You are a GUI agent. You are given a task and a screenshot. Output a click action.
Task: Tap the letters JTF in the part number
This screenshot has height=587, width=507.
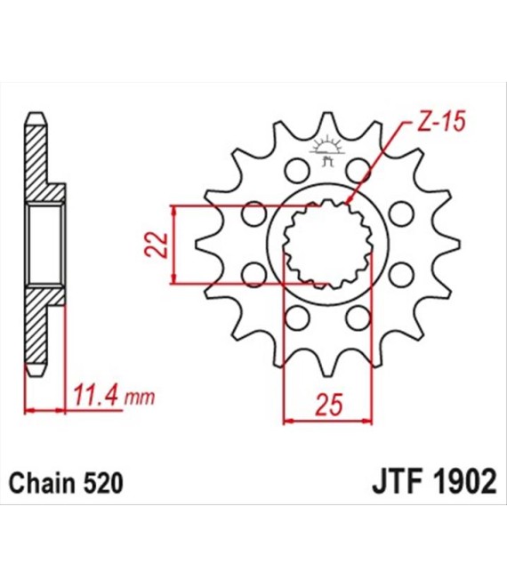tap(395, 484)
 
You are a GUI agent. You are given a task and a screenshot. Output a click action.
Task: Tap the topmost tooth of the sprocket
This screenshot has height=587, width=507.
tap(328, 123)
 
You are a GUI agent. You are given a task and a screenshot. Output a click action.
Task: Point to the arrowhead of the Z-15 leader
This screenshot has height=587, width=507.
tap(350, 204)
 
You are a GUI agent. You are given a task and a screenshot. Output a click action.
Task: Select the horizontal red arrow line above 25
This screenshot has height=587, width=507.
tap(327, 420)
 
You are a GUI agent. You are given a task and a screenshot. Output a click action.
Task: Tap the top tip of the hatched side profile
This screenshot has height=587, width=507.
tap(36, 116)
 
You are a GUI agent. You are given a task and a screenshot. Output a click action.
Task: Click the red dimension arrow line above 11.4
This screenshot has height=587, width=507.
tap(46, 409)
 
